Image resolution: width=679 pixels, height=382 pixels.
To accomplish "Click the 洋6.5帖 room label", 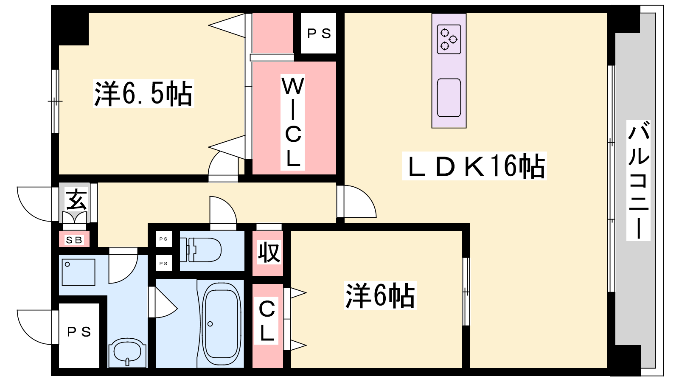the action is tap(143, 93).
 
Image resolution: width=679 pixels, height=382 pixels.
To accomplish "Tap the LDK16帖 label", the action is tap(474, 166).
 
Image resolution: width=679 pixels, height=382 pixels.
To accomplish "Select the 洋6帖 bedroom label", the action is tap(380, 295).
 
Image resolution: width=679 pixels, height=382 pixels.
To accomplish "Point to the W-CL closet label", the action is tap(292, 122).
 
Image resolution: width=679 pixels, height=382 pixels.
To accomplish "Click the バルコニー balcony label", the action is tap(638, 181).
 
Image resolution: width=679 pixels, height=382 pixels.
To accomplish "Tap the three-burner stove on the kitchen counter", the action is tap(449, 39).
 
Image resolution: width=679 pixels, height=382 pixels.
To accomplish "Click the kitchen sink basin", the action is tap(449, 98).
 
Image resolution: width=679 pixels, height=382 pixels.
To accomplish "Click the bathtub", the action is tap(221, 324).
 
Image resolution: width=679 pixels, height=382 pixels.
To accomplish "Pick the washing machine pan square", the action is tap(79, 272).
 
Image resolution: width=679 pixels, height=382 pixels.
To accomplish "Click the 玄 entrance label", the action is tap(77, 199).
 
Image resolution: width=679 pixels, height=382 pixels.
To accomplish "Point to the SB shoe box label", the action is tap(74, 240).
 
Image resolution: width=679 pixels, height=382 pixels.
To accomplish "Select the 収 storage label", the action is tap(269, 252).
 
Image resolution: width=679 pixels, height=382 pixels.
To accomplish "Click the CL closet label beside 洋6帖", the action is tap(267, 321).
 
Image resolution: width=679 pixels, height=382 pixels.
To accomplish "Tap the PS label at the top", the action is tap(319, 34).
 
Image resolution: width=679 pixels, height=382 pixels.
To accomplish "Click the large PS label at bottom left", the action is tap(79, 332).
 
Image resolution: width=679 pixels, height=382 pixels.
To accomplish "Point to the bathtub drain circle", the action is tap(210, 324).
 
